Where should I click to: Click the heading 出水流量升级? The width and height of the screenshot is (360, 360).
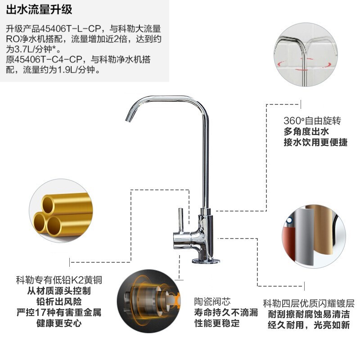click(x=39, y=9)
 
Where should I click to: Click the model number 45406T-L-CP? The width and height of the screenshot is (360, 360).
click(x=71, y=29)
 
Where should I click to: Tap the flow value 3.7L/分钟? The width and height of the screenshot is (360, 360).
click(x=36, y=49)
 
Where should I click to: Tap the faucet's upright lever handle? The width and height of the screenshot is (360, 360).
click(x=181, y=220)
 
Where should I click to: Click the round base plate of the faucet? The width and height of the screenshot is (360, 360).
click(x=206, y=261)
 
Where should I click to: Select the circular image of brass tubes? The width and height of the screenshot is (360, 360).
click(x=61, y=211)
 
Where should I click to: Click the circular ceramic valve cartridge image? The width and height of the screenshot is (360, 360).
click(x=149, y=301)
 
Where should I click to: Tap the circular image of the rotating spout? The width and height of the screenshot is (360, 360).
click(x=306, y=54)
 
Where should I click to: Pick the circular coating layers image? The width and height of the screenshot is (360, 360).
click(x=314, y=237)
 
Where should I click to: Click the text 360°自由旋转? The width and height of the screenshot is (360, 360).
click(x=312, y=121)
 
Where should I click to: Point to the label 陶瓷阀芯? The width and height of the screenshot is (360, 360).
click(x=212, y=301)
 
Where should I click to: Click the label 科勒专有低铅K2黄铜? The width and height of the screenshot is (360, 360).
click(x=59, y=280)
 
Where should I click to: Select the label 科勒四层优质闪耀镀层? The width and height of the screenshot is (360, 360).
click(x=309, y=303)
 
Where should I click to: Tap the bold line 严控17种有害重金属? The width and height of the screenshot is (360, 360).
click(x=59, y=312)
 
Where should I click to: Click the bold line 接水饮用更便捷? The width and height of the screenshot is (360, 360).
click(x=316, y=142)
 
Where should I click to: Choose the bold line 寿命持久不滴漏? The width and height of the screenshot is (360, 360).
click(x=226, y=312)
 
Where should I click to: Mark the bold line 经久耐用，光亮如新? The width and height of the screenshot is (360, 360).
click(x=309, y=325)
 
